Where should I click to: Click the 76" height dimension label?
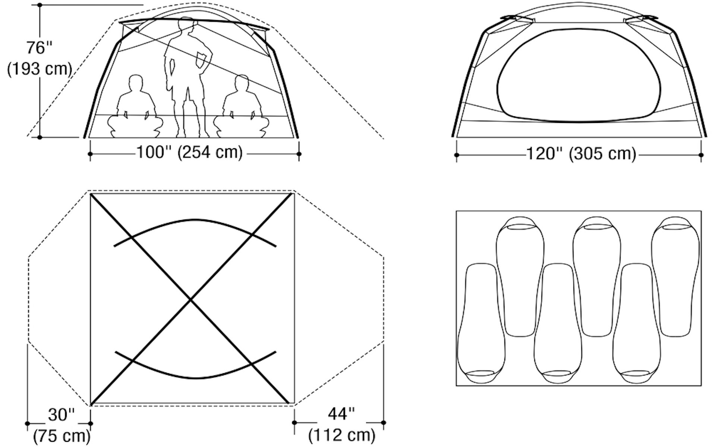39,48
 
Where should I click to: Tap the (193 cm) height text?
39,69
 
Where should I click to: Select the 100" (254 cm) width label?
190,152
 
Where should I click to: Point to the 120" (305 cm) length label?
581,153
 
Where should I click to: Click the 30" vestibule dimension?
61,415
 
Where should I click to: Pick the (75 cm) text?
62,436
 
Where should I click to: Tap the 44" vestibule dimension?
341,413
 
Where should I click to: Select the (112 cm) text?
342,435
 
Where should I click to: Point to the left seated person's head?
136,83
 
